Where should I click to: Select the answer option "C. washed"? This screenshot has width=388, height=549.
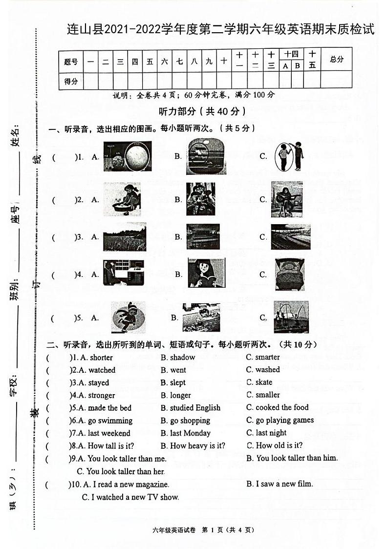click(x=263, y=370)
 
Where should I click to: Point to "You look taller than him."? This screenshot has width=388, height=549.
click(x=297, y=458)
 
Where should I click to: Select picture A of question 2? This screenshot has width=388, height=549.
click(x=122, y=199)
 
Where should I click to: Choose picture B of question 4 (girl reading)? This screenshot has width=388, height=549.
click(x=206, y=273)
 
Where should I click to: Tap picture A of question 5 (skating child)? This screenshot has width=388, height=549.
click(x=128, y=317)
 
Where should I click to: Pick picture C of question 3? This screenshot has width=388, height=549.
click(x=291, y=236)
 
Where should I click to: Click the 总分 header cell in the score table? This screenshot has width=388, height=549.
click(x=337, y=60)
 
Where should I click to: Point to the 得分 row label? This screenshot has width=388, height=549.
click(x=71, y=81)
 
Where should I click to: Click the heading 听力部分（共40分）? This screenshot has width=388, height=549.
click(x=202, y=111)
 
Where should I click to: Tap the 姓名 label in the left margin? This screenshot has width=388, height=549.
click(x=15, y=136)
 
